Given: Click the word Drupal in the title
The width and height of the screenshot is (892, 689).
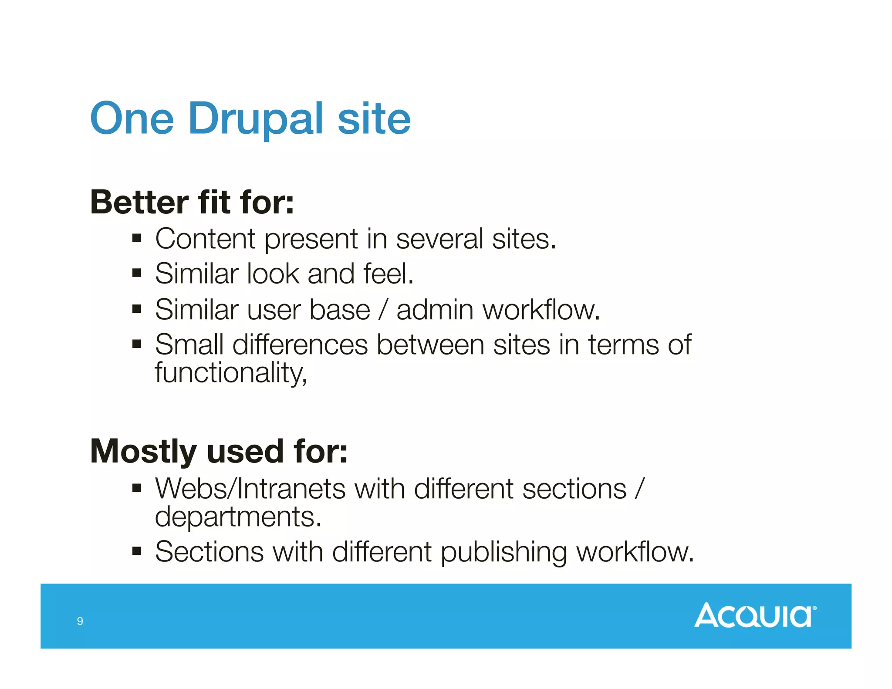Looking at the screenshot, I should tap(256, 118).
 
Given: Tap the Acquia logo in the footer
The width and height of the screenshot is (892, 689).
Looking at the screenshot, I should tap(755, 615).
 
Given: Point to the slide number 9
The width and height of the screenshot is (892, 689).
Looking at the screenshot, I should tap(80, 621).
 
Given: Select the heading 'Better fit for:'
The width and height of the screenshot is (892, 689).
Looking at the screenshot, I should tap(192, 203).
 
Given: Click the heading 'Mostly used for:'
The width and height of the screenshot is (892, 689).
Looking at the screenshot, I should tap(219, 451).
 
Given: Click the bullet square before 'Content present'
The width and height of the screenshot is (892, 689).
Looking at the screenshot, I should tap(137, 238).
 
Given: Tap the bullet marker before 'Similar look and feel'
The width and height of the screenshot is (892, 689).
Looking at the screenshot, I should tap(137, 274).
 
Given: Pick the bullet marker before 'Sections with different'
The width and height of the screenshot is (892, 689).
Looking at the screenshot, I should tap(137, 552).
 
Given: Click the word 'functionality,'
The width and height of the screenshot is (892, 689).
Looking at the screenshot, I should tap(231, 373).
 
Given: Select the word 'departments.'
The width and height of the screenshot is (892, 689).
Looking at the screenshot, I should tap(238, 517).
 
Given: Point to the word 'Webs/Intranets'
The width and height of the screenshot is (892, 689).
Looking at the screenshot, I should tap(250, 489).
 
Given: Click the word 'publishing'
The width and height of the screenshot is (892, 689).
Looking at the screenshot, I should tap(504, 553).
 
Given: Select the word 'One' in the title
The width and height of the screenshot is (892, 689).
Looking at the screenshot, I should tap(132, 118).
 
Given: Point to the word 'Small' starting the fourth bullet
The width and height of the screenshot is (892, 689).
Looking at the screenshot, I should tap(189, 345).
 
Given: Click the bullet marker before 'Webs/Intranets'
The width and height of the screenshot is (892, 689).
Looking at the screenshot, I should tap(137, 489).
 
